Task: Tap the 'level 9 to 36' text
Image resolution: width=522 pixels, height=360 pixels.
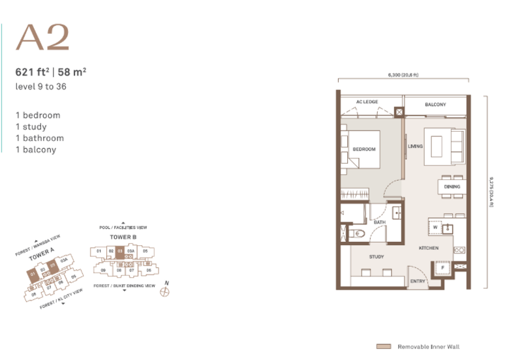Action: pos(42,85)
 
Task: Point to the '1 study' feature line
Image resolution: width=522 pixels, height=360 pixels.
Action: pos(32,127)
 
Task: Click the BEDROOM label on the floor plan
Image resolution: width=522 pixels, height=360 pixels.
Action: pos(364,149)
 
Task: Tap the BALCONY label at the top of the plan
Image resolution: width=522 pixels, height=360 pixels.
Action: pos(435,104)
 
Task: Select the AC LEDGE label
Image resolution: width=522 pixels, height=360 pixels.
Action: pos(367,102)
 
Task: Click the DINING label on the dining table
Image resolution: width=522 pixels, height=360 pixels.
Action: pos(452,187)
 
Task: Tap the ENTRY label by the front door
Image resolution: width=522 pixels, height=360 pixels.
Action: pos(418,282)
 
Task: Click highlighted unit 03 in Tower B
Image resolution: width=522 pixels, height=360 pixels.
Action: pos(119,250)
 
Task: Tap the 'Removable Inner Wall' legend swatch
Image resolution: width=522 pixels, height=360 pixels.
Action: pos(384,347)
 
